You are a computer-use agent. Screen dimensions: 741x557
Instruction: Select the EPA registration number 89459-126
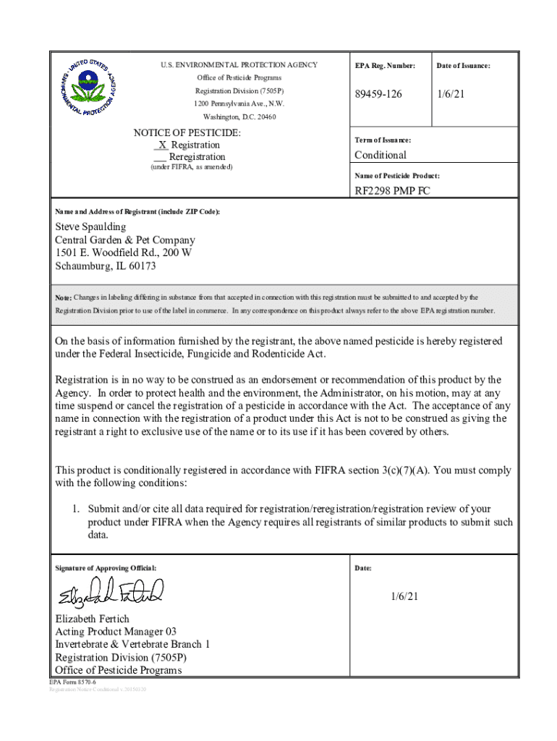click(x=378, y=95)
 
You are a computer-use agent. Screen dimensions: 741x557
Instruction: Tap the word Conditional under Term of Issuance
click(x=380, y=155)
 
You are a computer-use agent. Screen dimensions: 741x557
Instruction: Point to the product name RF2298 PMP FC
click(x=391, y=191)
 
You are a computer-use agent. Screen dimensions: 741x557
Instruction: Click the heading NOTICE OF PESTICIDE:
click(x=187, y=133)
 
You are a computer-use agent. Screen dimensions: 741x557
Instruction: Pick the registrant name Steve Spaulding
click(x=90, y=227)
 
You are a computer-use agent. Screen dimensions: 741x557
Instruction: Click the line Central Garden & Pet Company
click(x=125, y=240)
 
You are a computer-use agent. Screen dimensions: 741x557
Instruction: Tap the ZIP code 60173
click(x=141, y=266)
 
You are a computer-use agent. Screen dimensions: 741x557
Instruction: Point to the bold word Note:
click(x=63, y=297)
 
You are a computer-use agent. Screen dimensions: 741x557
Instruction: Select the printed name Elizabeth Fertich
click(x=93, y=619)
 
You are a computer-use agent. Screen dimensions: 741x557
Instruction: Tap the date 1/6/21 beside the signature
click(x=404, y=596)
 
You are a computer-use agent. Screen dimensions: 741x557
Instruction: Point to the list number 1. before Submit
click(x=75, y=509)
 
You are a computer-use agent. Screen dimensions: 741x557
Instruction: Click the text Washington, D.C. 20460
click(x=239, y=117)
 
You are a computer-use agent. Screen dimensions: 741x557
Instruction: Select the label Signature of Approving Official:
click(x=106, y=568)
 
